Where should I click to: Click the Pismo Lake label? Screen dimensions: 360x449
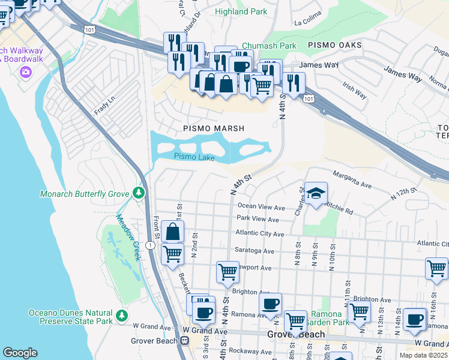point(194,157)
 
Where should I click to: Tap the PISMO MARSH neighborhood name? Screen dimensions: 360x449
point(214,128)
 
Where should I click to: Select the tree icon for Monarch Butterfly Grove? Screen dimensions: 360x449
point(139,193)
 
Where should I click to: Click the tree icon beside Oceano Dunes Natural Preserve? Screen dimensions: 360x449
point(122,315)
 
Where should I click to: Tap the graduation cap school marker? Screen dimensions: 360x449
point(316,194)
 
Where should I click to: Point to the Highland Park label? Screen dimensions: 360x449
point(241,11)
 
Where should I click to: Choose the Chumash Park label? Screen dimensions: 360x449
point(269,46)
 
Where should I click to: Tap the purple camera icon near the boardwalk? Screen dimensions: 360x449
point(25,73)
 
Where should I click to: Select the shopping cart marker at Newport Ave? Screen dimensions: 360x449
point(228,272)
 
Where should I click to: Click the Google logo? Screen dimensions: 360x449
point(20,353)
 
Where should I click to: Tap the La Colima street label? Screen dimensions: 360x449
point(309,23)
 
